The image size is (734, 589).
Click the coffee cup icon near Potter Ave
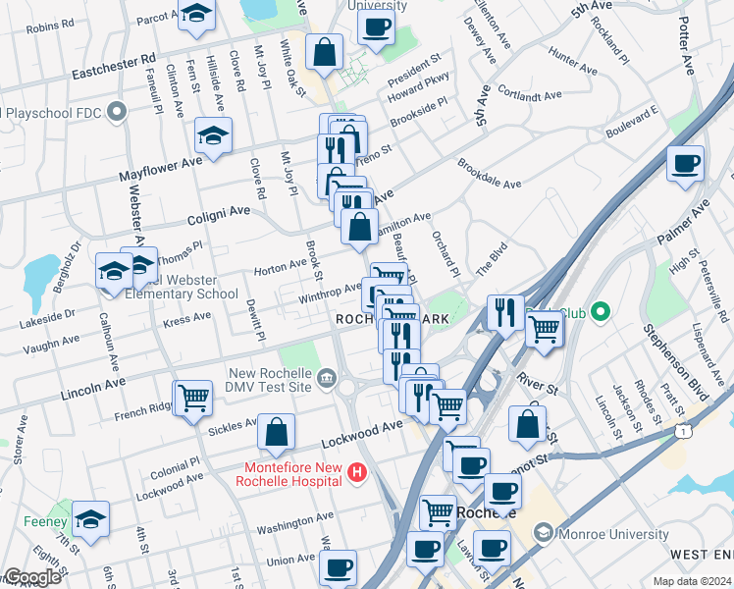[x=685, y=162]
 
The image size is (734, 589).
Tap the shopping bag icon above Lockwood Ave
[x=277, y=430]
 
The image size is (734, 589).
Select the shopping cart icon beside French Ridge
[x=193, y=398]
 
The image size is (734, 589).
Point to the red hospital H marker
[x=357, y=473]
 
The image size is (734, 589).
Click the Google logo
[x=31, y=577]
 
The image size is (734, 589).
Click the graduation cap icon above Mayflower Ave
[x=212, y=135]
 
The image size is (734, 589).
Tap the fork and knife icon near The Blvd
[x=504, y=312]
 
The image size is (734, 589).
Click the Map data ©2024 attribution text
[x=693, y=581]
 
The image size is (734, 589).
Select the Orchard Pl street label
[x=445, y=253]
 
